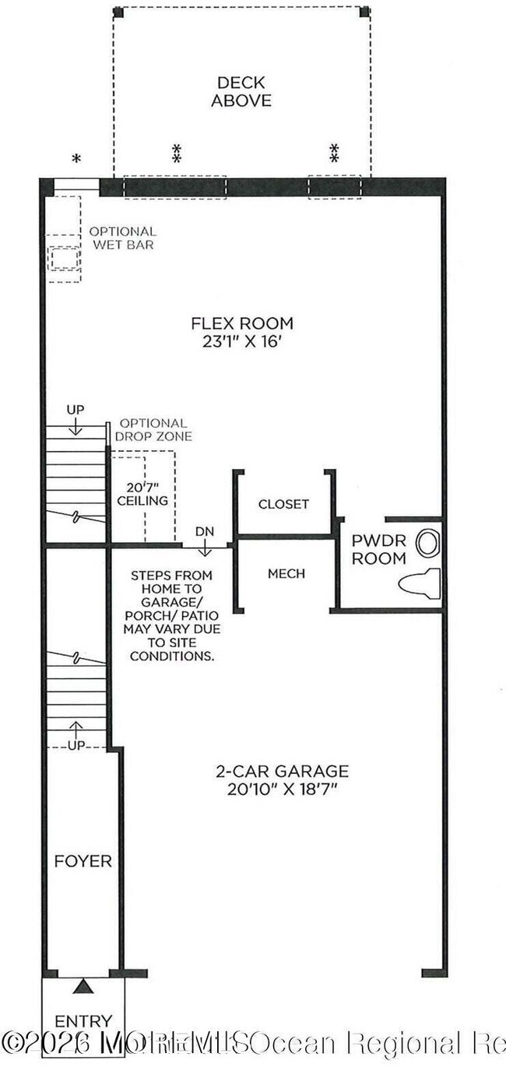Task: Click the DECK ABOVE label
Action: [x=241, y=91]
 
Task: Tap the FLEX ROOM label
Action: [x=243, y=324]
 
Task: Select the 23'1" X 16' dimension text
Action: [x=243, y=341]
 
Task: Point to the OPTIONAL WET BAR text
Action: [x=122, y=238]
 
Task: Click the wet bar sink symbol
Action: [x=64, y=258]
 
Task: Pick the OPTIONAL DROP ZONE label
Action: [x=153, y=430]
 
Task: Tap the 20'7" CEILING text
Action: [x=142, y=493]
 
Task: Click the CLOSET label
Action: [x=283, y=504]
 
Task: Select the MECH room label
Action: [x=286, y=573]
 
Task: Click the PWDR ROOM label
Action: [x=378, y=549]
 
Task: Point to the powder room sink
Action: [x=427, y=543]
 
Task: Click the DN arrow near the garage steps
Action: [x=205, y=544]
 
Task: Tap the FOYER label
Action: [x=83, y=861]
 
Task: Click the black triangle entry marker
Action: [x=83, y=986]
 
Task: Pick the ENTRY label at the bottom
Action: [x=83, y=1020]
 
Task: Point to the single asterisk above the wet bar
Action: [x=76, y=159]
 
